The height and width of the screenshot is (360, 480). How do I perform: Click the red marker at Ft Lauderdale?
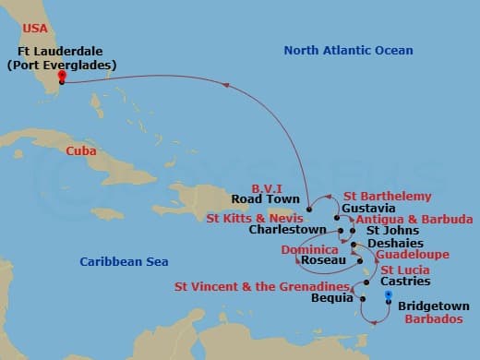pos(61,77)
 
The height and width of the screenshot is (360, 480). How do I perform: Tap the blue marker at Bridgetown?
pos(389,296)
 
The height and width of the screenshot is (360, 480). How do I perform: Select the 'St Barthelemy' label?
pos(386,196)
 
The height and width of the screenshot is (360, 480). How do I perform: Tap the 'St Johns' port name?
pos(388,231)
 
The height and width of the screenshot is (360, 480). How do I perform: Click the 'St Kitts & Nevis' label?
pos(254,219)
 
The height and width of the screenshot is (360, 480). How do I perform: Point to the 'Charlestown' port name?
pos(287,231)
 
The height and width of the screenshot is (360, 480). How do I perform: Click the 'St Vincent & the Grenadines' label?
pos(262,286)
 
